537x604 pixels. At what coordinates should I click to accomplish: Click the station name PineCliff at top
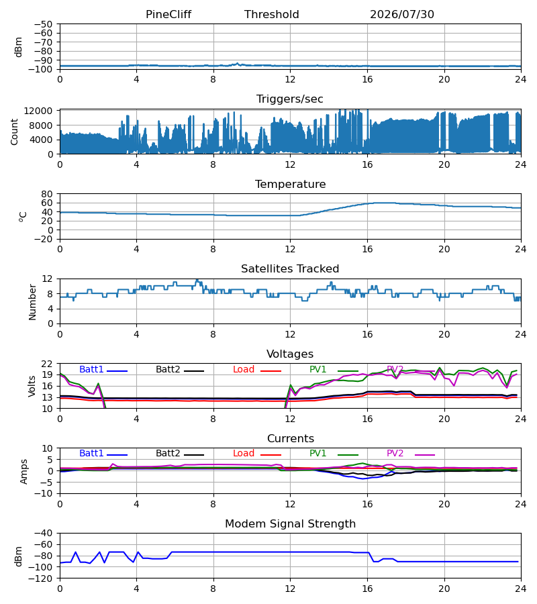[x=168, y=15]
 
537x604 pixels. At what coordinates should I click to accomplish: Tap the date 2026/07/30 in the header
[x=402, y=15]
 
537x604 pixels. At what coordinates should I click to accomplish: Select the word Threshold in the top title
[x=272, y=15]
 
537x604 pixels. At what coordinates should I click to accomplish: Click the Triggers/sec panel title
[x=290, y=99]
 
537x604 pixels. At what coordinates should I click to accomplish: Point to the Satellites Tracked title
[x=290, y=269]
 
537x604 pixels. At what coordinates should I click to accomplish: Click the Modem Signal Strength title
[x=290, y=524]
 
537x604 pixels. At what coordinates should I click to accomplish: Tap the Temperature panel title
[x=290, y=184]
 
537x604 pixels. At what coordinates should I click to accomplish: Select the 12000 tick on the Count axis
[x=38, y=111]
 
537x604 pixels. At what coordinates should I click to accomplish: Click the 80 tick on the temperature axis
[x=47, y=194]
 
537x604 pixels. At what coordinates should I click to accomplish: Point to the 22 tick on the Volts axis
[x=47, y=364]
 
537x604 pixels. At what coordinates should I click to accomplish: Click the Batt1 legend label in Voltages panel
[x=91, y=369]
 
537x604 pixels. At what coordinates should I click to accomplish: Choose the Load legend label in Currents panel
[x=244, y=454]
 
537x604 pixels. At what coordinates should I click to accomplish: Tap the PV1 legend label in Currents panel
[x=318, y=454]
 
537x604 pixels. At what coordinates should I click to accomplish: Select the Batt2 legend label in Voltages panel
[x=168, y=369]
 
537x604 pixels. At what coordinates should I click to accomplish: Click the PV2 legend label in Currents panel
[x=395, y=454]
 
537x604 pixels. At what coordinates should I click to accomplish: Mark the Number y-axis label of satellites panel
[x=32, y=303]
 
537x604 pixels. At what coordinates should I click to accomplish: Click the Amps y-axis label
[x=24, y=472]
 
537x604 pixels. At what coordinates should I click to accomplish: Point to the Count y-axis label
[x=14, y=132]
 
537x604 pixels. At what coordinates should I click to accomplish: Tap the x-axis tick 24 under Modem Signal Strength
[x=521, y=589]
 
